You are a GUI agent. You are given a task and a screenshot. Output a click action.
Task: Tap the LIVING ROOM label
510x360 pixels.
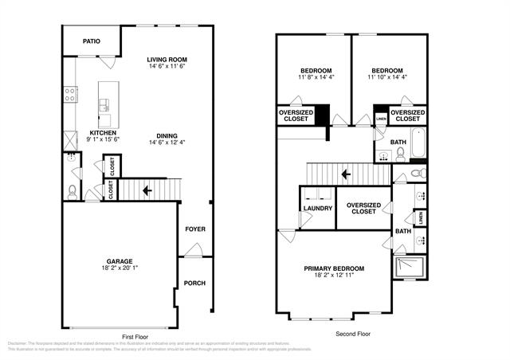pyautogui.click(x=167, y=59)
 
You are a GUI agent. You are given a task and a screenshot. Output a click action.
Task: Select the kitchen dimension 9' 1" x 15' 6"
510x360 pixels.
pyautogui.click(x=103, y=140)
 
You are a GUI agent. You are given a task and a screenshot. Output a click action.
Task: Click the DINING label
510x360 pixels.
pyautogui.click(x=167, y=135)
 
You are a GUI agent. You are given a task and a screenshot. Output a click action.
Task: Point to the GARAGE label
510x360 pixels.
pyautogui.click(x=120, y=260)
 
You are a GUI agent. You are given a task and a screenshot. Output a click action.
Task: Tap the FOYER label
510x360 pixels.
pyautogui.click(x=195, y=229)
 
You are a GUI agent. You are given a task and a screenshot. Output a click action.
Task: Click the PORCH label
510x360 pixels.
pyautogui.click(x=195, y=283)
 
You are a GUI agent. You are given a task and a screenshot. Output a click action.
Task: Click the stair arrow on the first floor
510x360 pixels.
pyautogui.click(x=146, y=191)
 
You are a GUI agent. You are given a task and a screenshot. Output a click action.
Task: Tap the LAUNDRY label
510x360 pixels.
pyautogui.click(x=318, y=209)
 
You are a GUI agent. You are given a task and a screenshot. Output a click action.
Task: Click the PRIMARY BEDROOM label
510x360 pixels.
pyautogui.click(x=335, y=268)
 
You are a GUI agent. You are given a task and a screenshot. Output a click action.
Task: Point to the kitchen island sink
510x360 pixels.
pyautogui.click(x=104, y=103)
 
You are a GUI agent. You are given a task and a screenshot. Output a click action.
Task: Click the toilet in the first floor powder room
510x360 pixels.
pyautogui.click(x=72, y=191)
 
